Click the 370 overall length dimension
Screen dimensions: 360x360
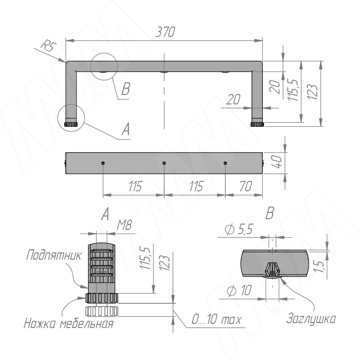165,32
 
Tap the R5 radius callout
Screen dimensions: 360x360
49,46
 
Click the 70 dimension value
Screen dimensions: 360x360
246,186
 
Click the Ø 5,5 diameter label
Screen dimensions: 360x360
239,229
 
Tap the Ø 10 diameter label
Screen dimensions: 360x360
239,290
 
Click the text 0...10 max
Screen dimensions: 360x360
216,319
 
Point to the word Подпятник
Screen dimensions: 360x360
54,255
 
